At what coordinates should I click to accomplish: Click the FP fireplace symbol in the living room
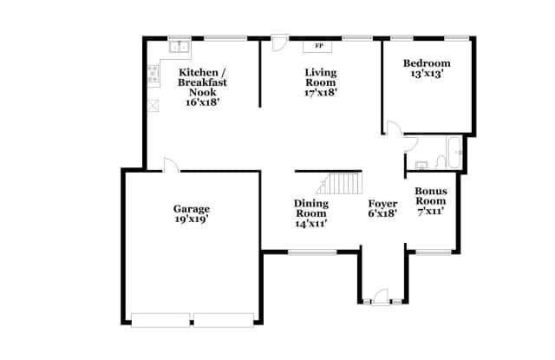(x=318, y=45)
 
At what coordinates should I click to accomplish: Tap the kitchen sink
(x=181, y=46)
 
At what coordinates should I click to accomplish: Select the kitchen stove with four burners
(x=153, y=75)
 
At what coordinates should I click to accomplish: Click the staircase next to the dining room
(x=341, y=183)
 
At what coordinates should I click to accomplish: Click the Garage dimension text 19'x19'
(x=191, y=220)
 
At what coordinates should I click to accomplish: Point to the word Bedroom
(x=427, y=63)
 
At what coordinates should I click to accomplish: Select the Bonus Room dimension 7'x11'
(x=430, y=211)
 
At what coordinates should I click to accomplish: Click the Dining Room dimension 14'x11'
(x=311, y=224)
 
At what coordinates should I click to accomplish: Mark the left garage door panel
(x=160, y=320)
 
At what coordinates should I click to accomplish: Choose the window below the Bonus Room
(x=432, y=252)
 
